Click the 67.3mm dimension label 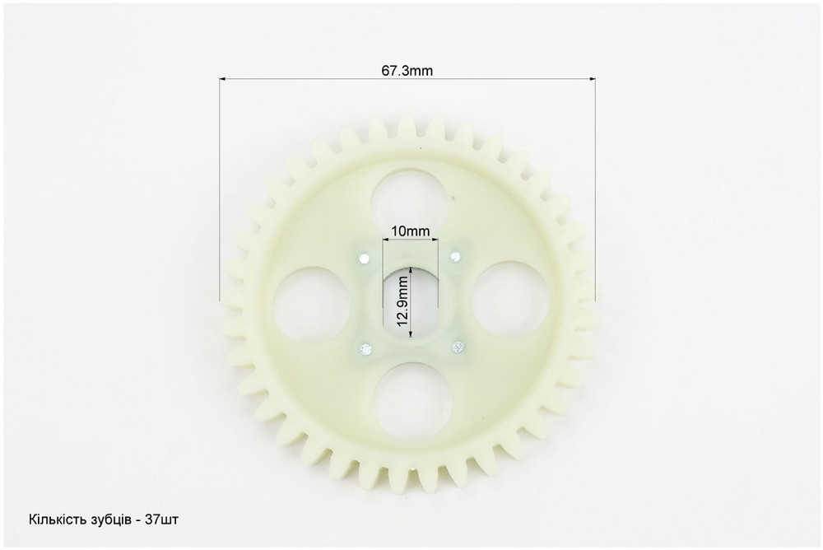coord(407,71)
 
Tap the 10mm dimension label coord(411,231)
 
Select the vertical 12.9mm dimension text coord(402,301)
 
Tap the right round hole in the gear coord(510,300)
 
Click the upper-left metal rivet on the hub coord(363,258)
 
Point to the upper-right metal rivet coord(456,256)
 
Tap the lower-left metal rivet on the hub coord(365,348)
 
